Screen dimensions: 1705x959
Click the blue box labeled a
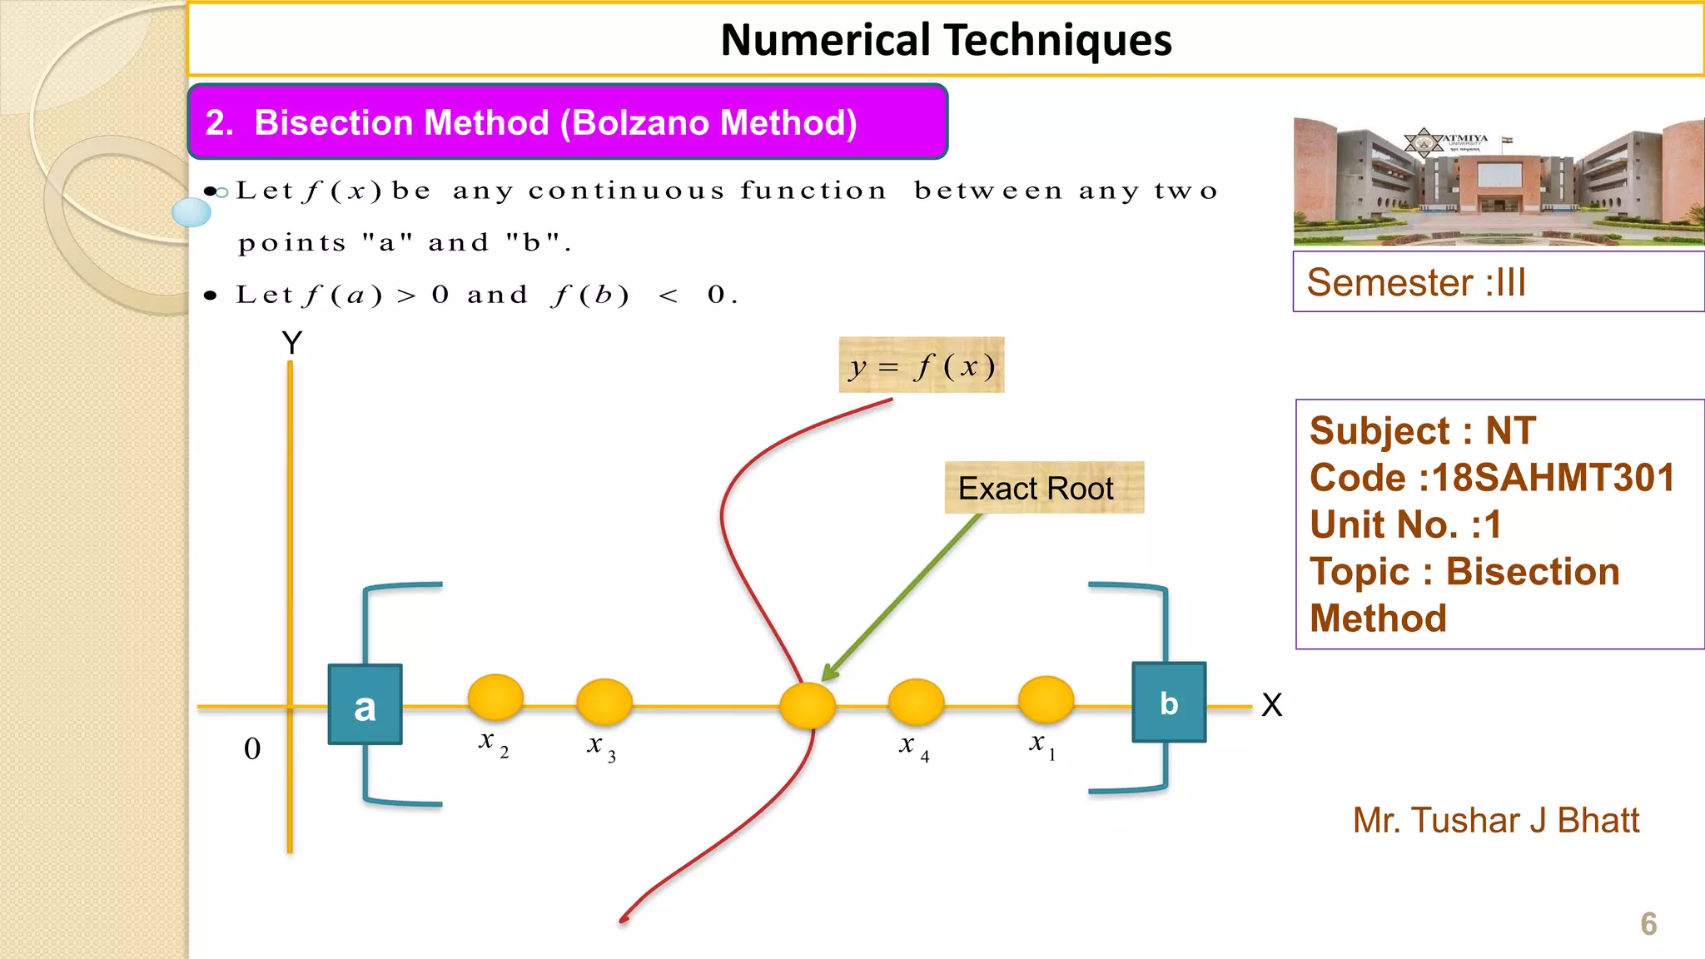[365, 704]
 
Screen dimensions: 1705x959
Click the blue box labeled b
[1169, 703]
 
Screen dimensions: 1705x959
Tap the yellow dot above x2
[495, 697]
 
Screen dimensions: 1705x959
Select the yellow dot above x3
[604, 701]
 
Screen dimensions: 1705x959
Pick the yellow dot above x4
[916, 701]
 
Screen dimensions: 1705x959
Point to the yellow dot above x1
[1046, 698]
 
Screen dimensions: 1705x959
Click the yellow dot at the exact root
[807, 705]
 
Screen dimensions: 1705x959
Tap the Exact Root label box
[1044, 488]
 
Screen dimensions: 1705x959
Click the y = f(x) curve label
[921, 365]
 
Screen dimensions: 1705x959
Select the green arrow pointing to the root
[903, 596]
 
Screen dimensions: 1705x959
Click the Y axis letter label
[291, 343]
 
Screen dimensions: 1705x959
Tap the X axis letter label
[1271, 705]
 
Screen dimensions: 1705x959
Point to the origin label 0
[252, 749]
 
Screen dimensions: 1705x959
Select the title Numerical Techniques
[946, 40]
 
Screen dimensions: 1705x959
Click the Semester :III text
[1416, 283]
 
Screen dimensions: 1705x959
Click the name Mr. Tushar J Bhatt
[1495, 821]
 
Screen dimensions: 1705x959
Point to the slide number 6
[1648, 924]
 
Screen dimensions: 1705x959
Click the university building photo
[1499, 181]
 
